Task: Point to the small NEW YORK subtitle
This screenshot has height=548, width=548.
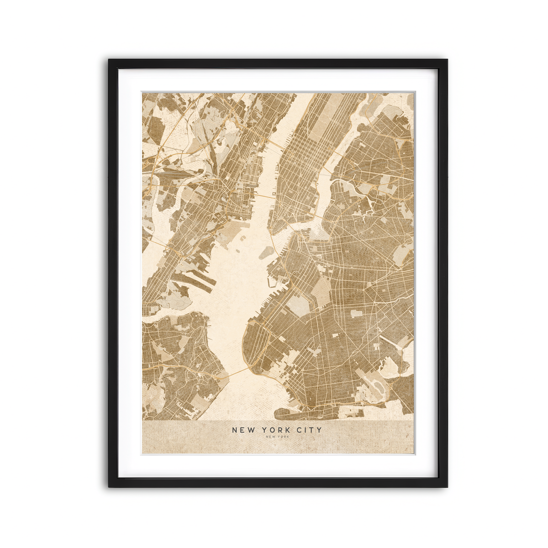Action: [x=277, y=437]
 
